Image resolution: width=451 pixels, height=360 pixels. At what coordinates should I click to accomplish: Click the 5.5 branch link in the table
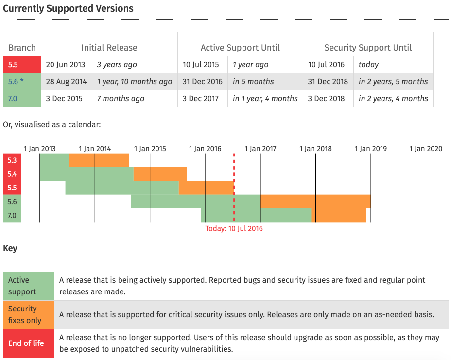[13, 65]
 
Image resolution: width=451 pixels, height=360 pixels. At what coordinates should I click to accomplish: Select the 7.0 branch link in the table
[13, 99]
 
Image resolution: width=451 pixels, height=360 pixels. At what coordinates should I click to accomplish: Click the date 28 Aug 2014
[66, 82]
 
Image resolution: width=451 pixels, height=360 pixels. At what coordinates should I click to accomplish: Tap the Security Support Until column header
[368, 48]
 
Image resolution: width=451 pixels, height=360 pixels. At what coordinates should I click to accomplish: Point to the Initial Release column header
[109, 48]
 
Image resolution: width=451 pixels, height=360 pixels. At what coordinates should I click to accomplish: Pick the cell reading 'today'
[368, 65]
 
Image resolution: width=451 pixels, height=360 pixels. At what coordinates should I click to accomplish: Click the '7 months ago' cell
[121, 99]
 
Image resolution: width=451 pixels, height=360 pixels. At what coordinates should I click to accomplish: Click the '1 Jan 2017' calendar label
[260, 149]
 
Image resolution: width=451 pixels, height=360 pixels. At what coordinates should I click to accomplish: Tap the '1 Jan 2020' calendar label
[426, 149]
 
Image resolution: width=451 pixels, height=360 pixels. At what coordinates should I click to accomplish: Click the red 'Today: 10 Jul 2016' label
[234, 228]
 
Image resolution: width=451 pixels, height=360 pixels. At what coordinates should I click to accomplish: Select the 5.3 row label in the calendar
[12, 160]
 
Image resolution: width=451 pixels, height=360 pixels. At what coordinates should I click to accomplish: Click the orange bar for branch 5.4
[160, 174]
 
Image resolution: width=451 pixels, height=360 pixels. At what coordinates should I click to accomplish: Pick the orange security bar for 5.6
[315, 202]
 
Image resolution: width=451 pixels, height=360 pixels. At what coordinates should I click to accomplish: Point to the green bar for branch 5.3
[54, 160]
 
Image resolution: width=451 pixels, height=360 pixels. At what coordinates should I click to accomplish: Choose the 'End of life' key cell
[26, 343]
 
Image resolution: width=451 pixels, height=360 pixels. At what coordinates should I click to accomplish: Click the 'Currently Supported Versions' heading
[68, 9]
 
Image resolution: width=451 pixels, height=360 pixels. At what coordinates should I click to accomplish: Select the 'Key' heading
[10, 248]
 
